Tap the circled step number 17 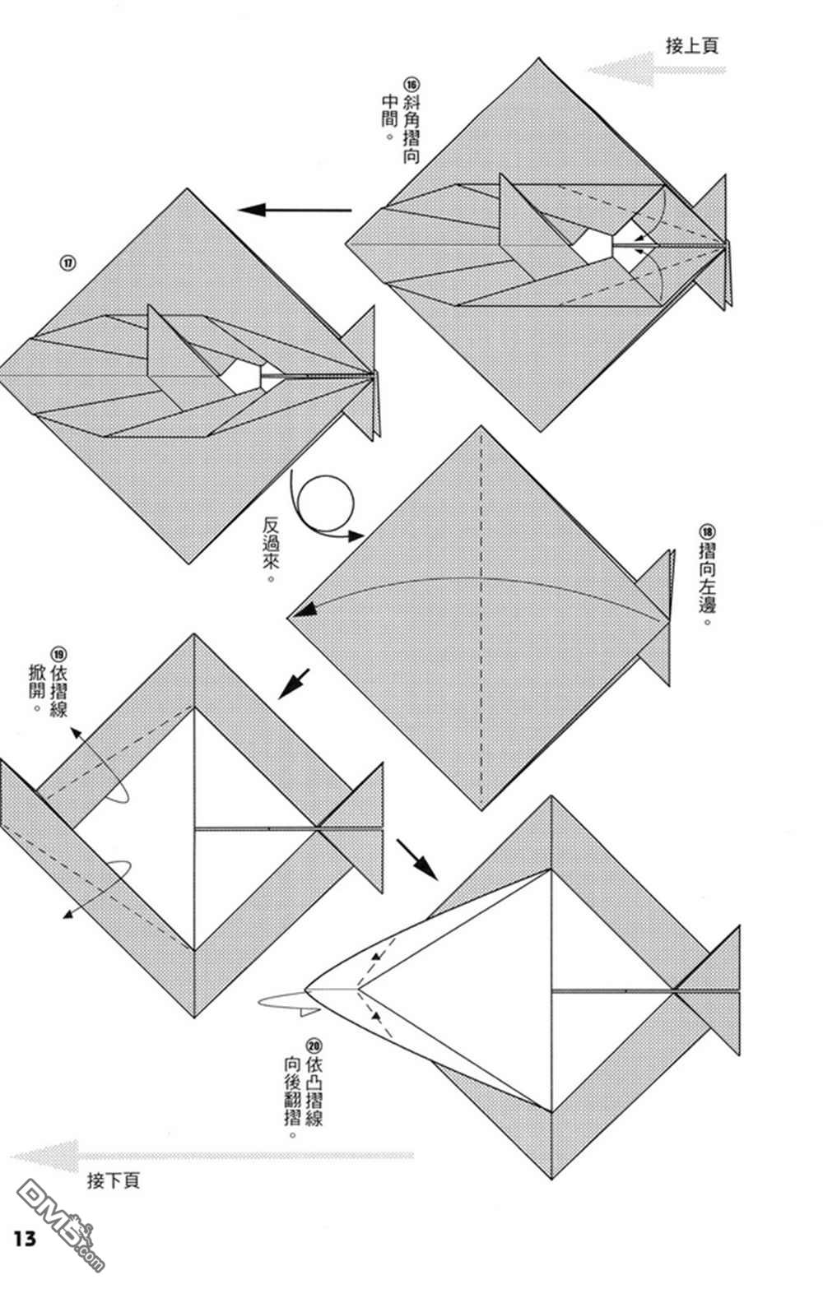[67, 263]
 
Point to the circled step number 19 [58, 654]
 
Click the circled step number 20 [313, 1046]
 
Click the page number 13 [25, 1238]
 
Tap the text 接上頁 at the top [691, 45]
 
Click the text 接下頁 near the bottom [113, 1181]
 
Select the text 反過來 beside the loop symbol [271, 549]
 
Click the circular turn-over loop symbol [326, 502]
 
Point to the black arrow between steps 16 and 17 [295, 211]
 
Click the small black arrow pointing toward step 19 [294, 683]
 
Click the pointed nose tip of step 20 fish [306, 988]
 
